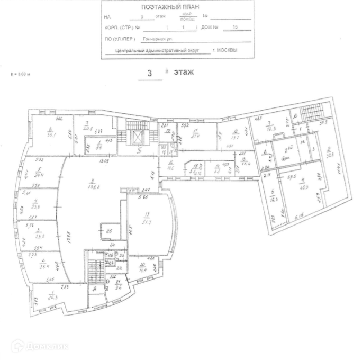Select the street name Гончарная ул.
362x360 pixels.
[158, 39]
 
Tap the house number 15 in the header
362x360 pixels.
[228, 26]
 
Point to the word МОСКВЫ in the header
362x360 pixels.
[228, 50]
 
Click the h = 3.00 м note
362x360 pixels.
[21, 75]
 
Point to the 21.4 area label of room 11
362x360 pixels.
[195, 136]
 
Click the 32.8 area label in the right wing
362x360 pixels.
[328, 155]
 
